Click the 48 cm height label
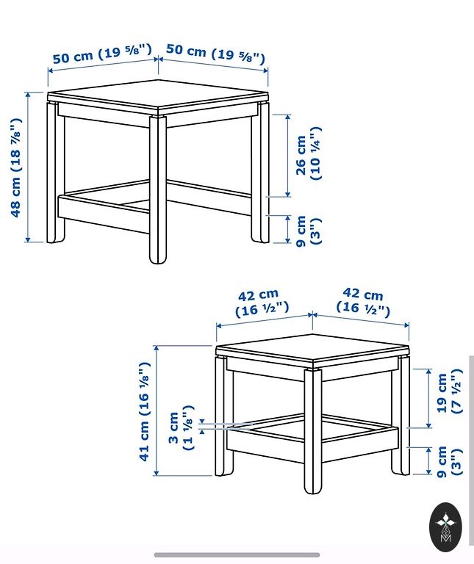[16, 167]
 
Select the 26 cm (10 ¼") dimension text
[308, 153]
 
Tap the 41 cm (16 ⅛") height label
[144, 411]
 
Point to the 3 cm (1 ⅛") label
[182, 427]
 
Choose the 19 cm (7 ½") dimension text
[449, 391]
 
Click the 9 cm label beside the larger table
[308, 231]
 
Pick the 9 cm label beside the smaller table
[449, 462]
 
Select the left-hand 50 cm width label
[103, 54]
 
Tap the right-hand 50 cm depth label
[215, 53]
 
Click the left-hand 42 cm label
[262, 303]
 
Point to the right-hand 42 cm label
[363, 303]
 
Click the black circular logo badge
[445, 527]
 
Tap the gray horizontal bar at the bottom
[237, 555]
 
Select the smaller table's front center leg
[313, 431]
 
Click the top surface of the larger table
[158, 93]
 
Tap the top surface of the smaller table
[312, 347]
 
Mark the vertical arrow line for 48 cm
[28, 167]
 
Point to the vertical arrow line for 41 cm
[157, 411]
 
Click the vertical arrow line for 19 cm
[428, 398]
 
